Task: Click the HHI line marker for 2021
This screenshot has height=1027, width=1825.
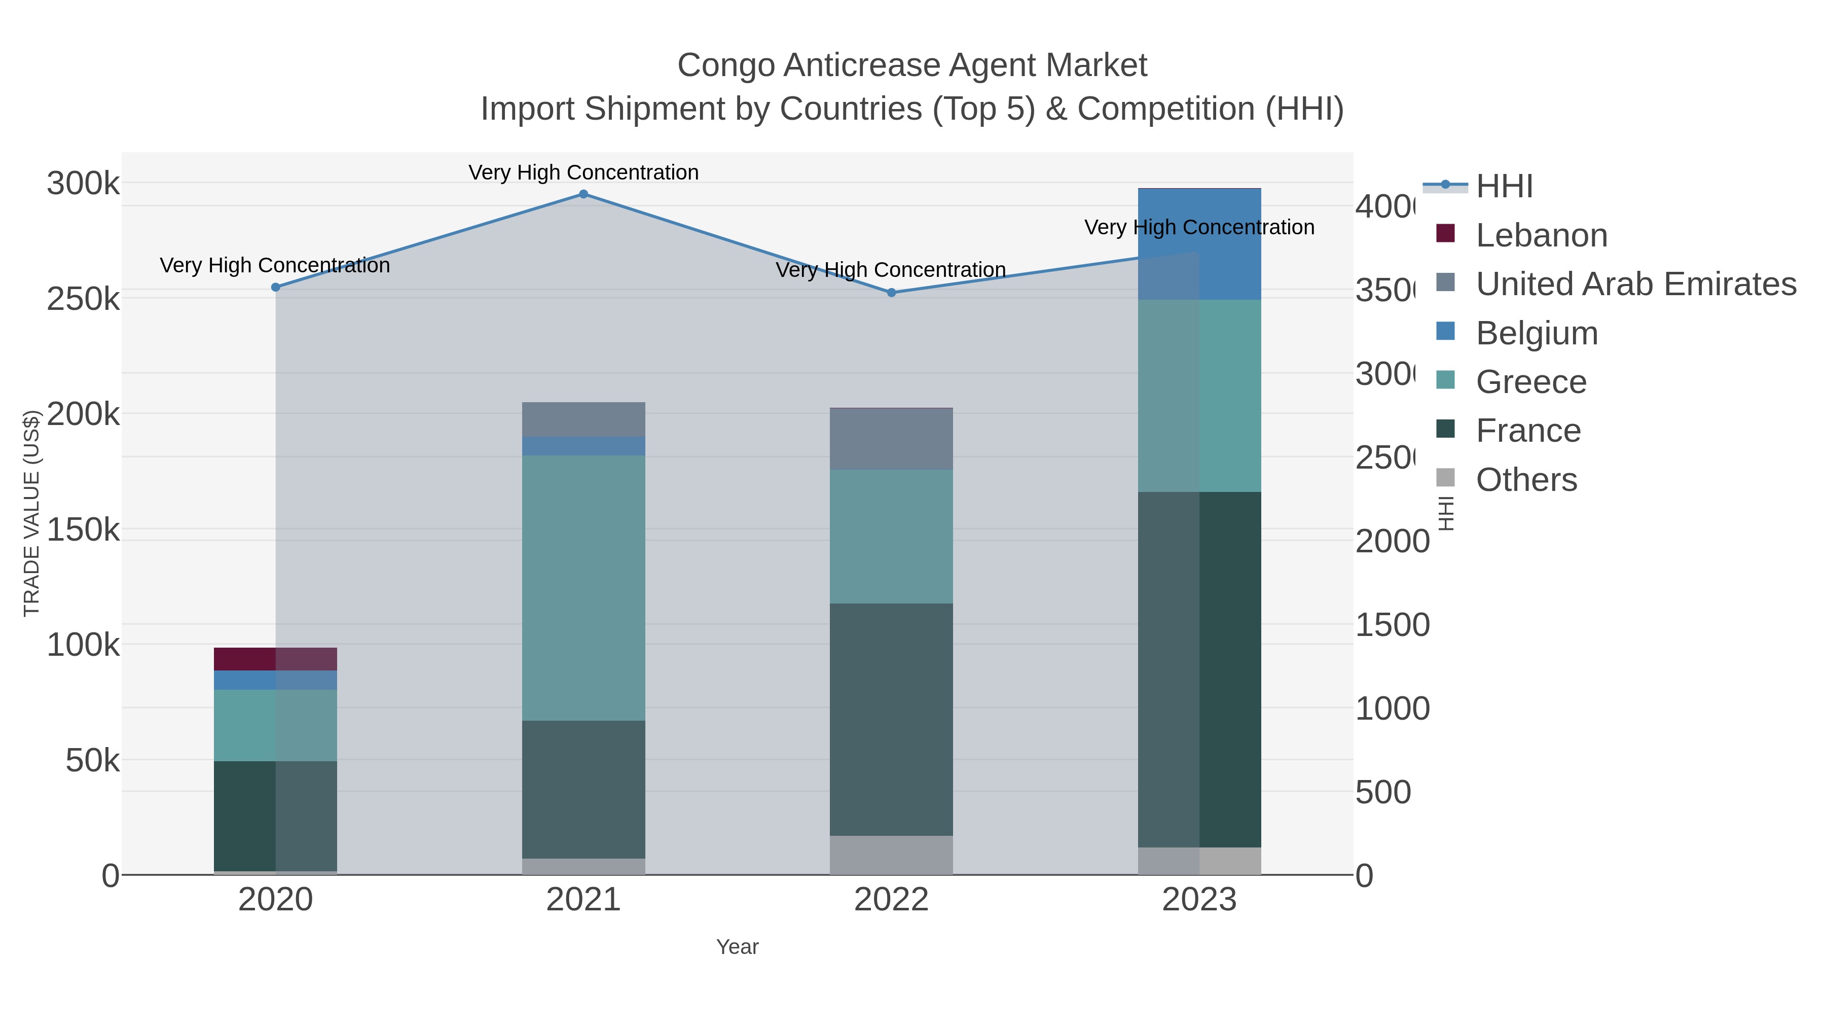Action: (583, 194)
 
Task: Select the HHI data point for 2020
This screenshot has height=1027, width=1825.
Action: (276, 287)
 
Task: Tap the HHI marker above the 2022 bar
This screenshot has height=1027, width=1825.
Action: (891, 293)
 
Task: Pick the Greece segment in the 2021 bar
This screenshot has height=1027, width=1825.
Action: (583, 588)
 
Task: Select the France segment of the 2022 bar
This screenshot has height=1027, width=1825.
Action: (891, 719)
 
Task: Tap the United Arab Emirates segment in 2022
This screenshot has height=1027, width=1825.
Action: (891, 439)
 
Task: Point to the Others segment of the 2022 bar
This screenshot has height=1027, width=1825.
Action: (891, 855)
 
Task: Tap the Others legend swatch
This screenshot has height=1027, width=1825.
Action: (1445, 478)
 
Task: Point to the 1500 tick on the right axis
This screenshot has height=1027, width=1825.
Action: (1392, 625)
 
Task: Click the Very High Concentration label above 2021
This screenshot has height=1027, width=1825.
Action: (583, 172)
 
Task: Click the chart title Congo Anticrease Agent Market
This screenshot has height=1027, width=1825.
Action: (912, 65)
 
